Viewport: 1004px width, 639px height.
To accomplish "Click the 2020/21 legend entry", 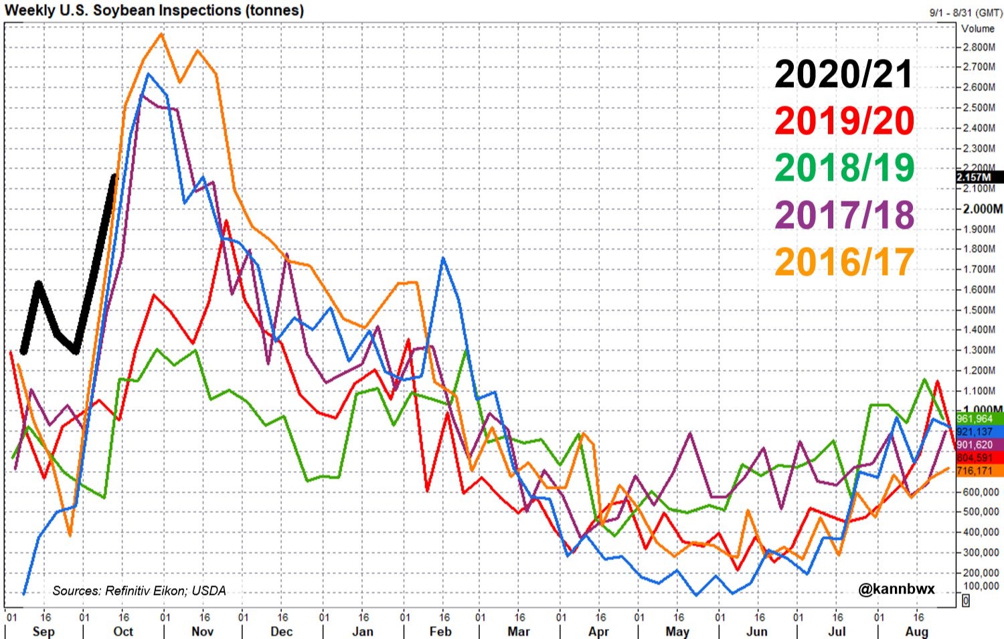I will (843, 74).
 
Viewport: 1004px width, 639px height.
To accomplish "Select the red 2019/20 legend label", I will (843, 121).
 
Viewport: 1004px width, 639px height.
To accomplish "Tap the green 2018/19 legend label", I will (843, 167).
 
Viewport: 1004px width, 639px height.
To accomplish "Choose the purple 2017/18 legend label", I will (843, 215).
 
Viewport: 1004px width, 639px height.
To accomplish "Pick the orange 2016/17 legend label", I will (843, 262).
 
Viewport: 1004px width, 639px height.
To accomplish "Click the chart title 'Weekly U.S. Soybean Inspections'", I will (154, 11).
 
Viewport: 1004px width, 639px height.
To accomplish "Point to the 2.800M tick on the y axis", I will (979, 48).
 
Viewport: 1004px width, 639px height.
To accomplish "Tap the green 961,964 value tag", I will (975, 419).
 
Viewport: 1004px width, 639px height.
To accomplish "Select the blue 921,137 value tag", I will (975, 432).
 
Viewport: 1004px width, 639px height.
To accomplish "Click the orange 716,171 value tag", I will (975, 471).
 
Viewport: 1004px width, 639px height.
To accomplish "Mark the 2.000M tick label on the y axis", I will (982, 209).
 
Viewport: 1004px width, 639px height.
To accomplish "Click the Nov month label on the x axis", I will (202, 632).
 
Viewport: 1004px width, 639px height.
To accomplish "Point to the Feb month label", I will (440, 632).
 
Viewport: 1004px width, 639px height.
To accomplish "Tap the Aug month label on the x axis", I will (916, 632).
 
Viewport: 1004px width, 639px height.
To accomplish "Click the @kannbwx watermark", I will (896, 589).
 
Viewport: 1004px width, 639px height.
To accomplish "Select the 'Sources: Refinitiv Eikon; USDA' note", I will (139, 591).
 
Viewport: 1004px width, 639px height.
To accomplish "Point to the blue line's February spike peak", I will (443, 258).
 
